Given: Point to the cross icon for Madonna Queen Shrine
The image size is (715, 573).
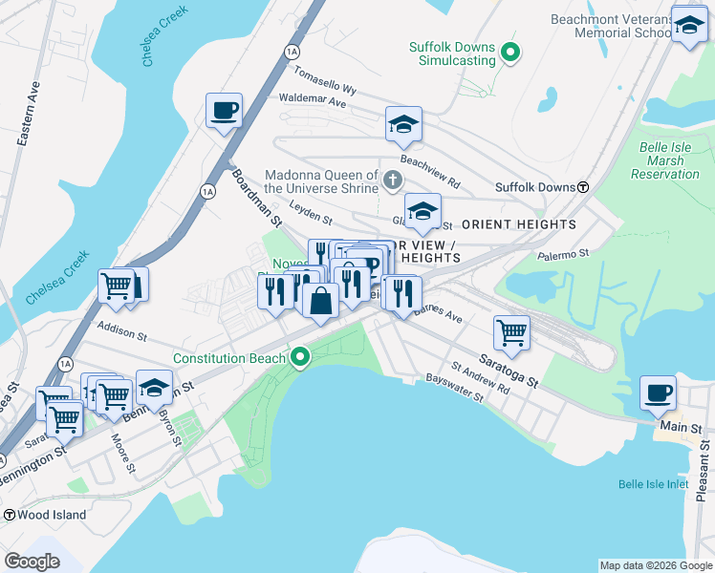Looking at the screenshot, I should (391, 180).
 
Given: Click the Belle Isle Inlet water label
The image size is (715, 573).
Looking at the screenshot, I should (653, 484).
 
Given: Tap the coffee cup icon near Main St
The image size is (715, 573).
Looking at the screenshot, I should (657, 392).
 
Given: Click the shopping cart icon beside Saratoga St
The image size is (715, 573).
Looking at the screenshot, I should (511, 331).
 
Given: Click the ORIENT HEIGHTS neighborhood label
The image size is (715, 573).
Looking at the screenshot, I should (519, 224).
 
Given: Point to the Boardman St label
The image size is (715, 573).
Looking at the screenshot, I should (256, 198).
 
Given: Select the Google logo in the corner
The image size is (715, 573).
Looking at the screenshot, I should (32, 561).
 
